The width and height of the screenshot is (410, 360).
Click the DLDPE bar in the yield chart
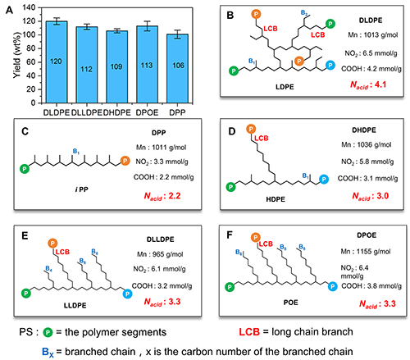pyautogui.click(x=57, y=62)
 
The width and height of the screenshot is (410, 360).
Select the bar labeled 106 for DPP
pyautogui.click(x=177, y=69)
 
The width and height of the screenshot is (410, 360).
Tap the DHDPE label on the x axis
pyautogui.click(x=117, y=112)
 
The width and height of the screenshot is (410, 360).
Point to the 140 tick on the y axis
pyautogui.click(x=29, y=7)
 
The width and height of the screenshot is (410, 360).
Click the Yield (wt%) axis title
pyautogui.click(x=17, y=55)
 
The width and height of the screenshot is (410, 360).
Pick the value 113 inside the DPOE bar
pyautogui.click(x=147, y=66)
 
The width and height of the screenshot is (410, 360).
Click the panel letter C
pyautogui.click(x=25, y=131)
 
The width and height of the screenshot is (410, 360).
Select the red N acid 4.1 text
pyautogui.click(x=368, y=85)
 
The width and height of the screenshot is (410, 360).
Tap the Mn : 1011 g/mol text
pyautogui.click(x=161, y=148)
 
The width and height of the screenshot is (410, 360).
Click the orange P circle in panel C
pyautogui.click(x=125, y=161)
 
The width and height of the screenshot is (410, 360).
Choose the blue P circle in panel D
pyautogui.click(x=324, y=179)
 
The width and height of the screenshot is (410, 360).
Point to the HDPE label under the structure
pyautogui.click(x=276, y=199)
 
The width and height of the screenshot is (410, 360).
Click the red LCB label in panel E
pyautogui.click(x=62, y=252)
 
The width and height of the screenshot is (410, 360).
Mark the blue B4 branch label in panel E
pyautogui.click(x=48, y=269)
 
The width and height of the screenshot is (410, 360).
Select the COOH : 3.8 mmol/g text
pyautogui.click(x=371, y=286)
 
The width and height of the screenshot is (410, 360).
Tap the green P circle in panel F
pyautogui.click(x=230, y=287)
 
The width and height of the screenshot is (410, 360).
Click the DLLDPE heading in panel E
pyautogui.click(x=160, y=239)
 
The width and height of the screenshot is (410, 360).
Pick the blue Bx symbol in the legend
pyautogui.click(x=48, y=352)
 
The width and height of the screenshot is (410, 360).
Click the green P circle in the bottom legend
pyautogui.click(x=48, y=332)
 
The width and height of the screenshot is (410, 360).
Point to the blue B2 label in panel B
pyautogui.click(x=304, y=13)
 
